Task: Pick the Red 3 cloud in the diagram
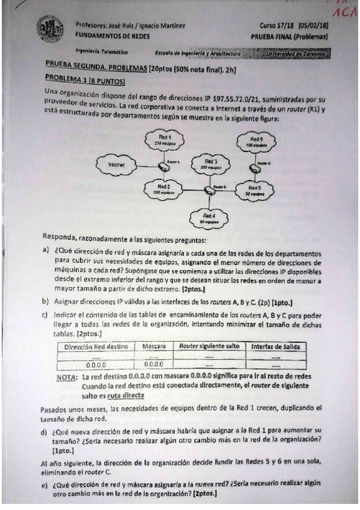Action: (x=210, y=164)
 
